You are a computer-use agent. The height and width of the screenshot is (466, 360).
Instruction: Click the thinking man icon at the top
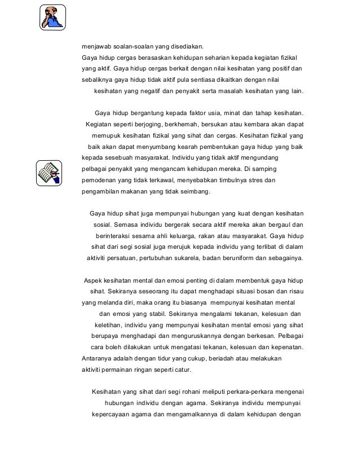click(52, 17)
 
